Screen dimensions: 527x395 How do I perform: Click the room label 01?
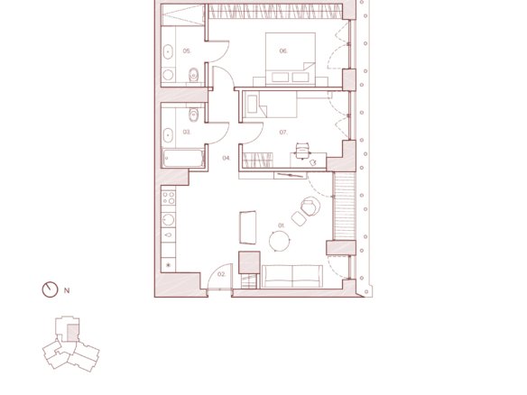282,225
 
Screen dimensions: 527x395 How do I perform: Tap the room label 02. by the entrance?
221,274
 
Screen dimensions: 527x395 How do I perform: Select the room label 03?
187,132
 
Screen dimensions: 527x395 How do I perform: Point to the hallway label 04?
227,158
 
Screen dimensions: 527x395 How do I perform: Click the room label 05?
187,51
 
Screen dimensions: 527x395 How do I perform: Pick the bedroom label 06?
283,51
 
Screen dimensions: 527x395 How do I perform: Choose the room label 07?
283,133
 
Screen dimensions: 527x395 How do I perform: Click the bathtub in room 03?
183,159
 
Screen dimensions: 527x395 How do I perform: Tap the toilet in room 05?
193,75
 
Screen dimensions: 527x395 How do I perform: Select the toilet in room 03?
193,115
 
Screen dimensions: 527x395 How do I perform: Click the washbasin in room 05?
168,52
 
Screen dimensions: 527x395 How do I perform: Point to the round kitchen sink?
168,220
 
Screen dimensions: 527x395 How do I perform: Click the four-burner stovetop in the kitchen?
169,197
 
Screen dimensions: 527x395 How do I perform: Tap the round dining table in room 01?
280,241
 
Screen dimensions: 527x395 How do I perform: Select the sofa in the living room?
292,277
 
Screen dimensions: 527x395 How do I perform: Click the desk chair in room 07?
302,150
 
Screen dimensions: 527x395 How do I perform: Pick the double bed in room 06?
291,60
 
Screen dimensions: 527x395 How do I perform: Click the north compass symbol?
50,289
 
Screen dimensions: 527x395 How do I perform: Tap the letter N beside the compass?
67,290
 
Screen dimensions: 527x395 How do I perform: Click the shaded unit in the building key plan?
73,333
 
